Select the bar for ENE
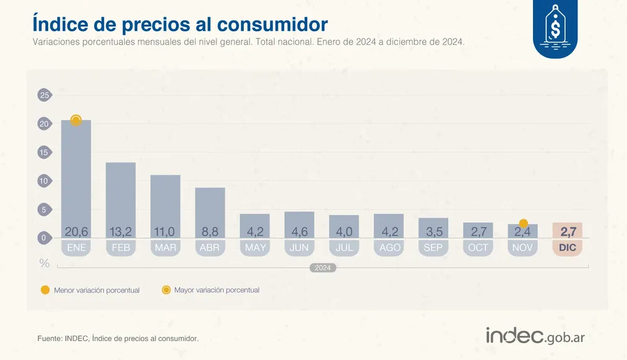click(76, 176)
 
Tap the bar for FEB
click(120, 194)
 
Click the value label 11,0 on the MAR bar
click(165, 232)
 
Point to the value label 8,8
click(210, 232)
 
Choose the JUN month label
click(299, 248)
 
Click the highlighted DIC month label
click(567, 248)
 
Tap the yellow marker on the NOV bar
click(524, 223)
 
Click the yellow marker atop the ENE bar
click(76, 120)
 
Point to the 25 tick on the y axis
click(44, 95)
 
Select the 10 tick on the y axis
click(44, 181)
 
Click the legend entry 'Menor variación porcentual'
click(90, 290)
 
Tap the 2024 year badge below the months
click(323, 268)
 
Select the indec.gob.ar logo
click(535, 336)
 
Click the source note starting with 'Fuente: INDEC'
click(118, 339)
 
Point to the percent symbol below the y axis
click(45, 263)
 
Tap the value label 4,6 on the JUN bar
click(299, 232)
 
